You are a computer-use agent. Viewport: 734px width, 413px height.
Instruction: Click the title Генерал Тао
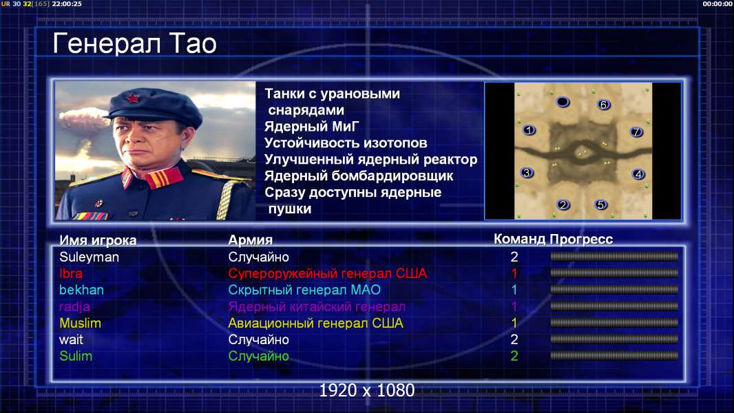(134, 43)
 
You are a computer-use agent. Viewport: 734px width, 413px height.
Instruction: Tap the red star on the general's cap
(133, 98)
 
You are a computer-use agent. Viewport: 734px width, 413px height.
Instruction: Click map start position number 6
(603, 105)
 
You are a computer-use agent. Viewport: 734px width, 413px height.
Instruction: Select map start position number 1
(529, 130)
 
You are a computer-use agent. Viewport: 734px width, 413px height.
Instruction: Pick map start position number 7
(636, 132)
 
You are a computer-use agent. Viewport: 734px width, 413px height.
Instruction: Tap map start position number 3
(527, 173)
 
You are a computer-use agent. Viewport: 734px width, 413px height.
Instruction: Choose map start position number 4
(638, 174)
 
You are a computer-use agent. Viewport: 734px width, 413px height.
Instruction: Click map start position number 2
(563, 204)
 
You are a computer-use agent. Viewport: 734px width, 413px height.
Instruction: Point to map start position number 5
(600, 204)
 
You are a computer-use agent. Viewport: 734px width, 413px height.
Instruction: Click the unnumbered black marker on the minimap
(563, 102)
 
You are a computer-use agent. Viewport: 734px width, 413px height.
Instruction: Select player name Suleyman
(89, 257)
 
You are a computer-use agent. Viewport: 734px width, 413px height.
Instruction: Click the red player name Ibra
(71, 274)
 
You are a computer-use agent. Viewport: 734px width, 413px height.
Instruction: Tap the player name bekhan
(81, 290)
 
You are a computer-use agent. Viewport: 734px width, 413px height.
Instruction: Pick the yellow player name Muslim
(80, 324)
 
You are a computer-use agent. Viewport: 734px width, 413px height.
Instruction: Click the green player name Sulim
(76, 356)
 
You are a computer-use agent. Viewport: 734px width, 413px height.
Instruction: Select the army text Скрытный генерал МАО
(304, 290)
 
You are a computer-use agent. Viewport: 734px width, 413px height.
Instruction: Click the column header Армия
(250, 240)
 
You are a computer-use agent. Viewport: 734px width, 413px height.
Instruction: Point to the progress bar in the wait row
(614, 339)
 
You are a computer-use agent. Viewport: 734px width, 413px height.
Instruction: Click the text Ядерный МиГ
(312, 126)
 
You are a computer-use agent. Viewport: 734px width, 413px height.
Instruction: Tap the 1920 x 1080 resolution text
(367, 390)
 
